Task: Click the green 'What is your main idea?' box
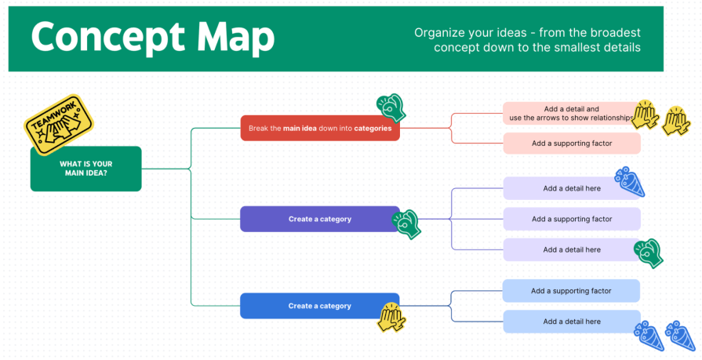[x=85, y=169]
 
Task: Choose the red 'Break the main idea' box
[x=319, y=128]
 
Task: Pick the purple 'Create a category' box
[x=319, y=219]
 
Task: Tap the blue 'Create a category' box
[x=319, y=306]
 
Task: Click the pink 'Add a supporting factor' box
[x=571, y=144]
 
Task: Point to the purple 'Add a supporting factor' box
[x=571, y=219]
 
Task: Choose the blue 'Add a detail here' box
[x=571, y=322]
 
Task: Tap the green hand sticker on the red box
[x=391, y=107]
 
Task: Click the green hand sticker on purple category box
[x=407, y=224]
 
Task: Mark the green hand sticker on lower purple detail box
[x=649, y=253]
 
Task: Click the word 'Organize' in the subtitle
[x=440, y=33]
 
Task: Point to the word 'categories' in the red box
[x=373, y=128]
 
